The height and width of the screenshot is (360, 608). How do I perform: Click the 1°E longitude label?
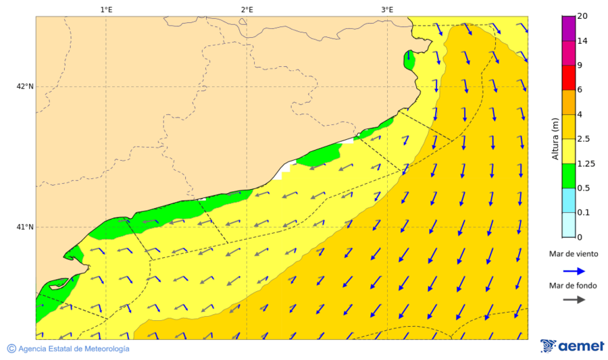[x=106, y=9]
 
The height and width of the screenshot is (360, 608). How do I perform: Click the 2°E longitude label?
[x=247, y=9]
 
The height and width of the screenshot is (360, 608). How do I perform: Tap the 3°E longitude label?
[x=387, y=9]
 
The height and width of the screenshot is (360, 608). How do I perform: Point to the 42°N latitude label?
[x=25, y=86]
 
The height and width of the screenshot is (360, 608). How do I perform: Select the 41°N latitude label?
[x=25, y=227]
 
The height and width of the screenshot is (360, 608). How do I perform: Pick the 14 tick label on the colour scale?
[x=582, y=41]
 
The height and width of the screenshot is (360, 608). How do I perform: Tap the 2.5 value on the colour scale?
[x=585, y=139]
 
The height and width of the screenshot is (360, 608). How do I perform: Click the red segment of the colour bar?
[x=568, y=78]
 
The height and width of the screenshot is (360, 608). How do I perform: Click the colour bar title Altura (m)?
[x=555, y=138]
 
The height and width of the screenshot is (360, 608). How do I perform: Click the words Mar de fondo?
[x=573, y=286]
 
